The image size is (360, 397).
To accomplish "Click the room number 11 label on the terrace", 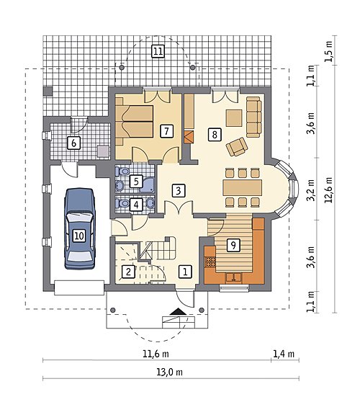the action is click(158, 51).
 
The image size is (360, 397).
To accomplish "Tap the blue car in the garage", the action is click(80, 228).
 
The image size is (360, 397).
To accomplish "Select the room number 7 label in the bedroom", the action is click(166, 131).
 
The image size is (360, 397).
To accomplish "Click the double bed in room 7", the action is click(135, 122).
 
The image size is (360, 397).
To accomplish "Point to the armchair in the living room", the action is click(237, 146).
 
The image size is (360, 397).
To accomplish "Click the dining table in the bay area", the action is click(242, 187).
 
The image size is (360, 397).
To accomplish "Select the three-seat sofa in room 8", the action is click(253, 117).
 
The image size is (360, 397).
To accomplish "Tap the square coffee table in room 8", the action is click(234, 117).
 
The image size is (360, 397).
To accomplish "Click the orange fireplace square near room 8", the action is click(189, 137).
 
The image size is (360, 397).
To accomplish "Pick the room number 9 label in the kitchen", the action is click(233, 245).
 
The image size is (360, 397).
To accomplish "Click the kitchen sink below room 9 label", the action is click(233, 277).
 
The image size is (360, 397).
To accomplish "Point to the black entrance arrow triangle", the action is click(178, 311).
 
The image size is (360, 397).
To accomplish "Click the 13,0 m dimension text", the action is click(169, 373).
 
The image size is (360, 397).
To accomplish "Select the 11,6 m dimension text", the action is click(156, 354).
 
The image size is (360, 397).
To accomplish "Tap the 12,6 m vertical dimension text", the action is click(328, 189).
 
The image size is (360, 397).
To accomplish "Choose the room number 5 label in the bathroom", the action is click(136, 182).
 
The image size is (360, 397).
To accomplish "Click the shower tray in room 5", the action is click(147, 185).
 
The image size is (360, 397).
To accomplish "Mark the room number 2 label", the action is click(128, 272).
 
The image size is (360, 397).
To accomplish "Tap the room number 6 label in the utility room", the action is click(73, 143).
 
